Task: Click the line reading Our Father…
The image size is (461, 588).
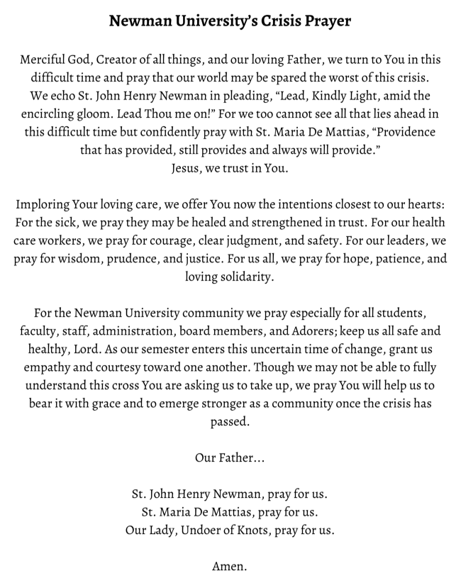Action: point(230,457)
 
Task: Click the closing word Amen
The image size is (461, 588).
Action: point(230,567)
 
